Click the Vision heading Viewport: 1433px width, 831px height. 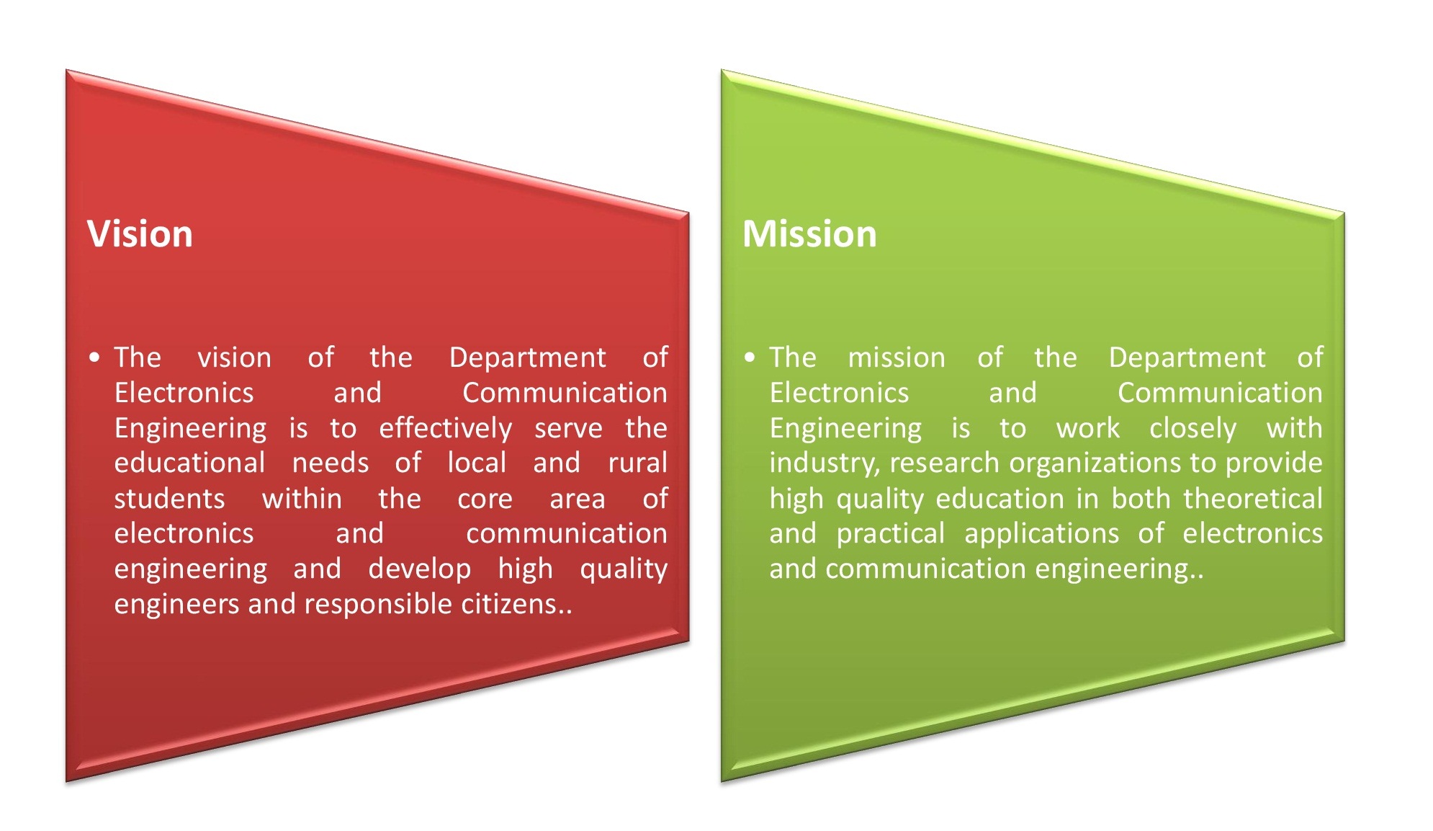coord(140,234)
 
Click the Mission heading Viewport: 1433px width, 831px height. coord(809,234)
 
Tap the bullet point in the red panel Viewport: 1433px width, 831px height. coord(94,357)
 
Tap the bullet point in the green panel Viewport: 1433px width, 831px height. coord(750,357)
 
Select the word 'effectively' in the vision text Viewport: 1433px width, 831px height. coord(445,428)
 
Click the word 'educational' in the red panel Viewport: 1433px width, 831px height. coord(189,463)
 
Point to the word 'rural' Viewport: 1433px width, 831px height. coord(637,463)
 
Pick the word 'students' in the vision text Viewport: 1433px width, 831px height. coord(169,499)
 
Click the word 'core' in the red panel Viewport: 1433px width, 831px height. coord(485,499)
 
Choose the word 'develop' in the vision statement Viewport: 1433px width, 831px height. coord(419,569)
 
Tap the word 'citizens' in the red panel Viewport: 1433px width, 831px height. coord(508,604)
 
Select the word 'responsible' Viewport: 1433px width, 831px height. coord(378,604)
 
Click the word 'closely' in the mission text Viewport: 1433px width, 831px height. coord(1192,428)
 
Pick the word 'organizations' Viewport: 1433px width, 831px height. coord(1095,463)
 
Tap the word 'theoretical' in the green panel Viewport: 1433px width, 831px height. coord(1252,499)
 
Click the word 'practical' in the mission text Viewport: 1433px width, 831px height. coord(890,533)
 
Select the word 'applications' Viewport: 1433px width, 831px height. coord(1041,533)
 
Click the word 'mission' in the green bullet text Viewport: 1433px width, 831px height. coord(897,357)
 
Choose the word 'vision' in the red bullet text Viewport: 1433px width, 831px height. coord(234,357)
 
